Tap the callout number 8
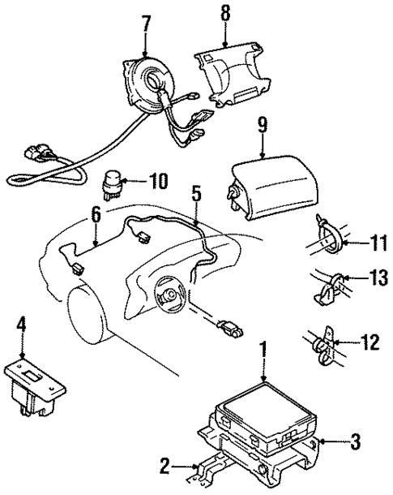[225, 14]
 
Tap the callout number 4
[22, 329]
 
